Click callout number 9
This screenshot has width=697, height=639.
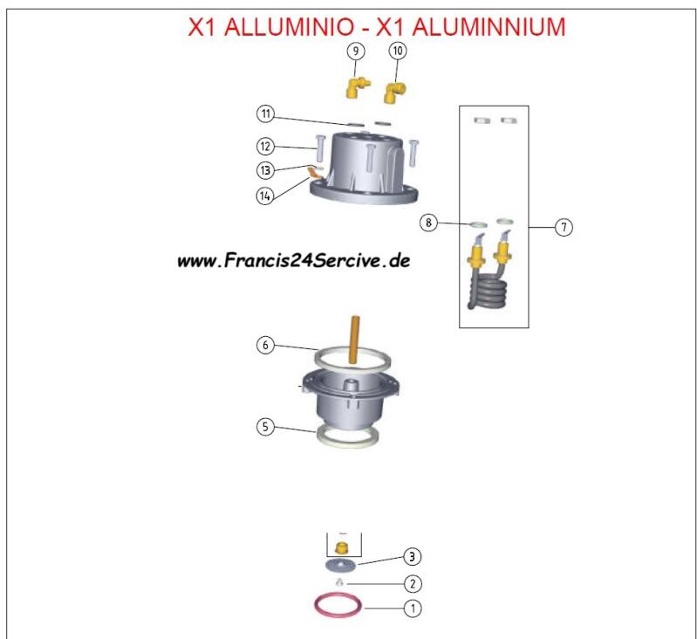(x=355, y=52)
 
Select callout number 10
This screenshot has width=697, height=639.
(x=397, y=52)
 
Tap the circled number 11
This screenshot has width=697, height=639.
(x=266, y=114)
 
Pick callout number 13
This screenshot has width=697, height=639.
(x=266, y=169)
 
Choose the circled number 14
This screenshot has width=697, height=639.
(x=266, y=196)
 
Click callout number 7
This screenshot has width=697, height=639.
(x=564, y=227)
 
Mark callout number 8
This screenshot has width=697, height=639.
(x=427, y=223)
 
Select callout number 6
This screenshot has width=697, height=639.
(x=266, y=345)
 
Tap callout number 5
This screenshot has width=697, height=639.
(x=266, y=427)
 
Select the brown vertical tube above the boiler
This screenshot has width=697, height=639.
(x=354, y=341)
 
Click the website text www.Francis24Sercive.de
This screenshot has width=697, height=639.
(x=294, y=260)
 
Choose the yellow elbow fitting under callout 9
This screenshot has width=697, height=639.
(x=355, y=86)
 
